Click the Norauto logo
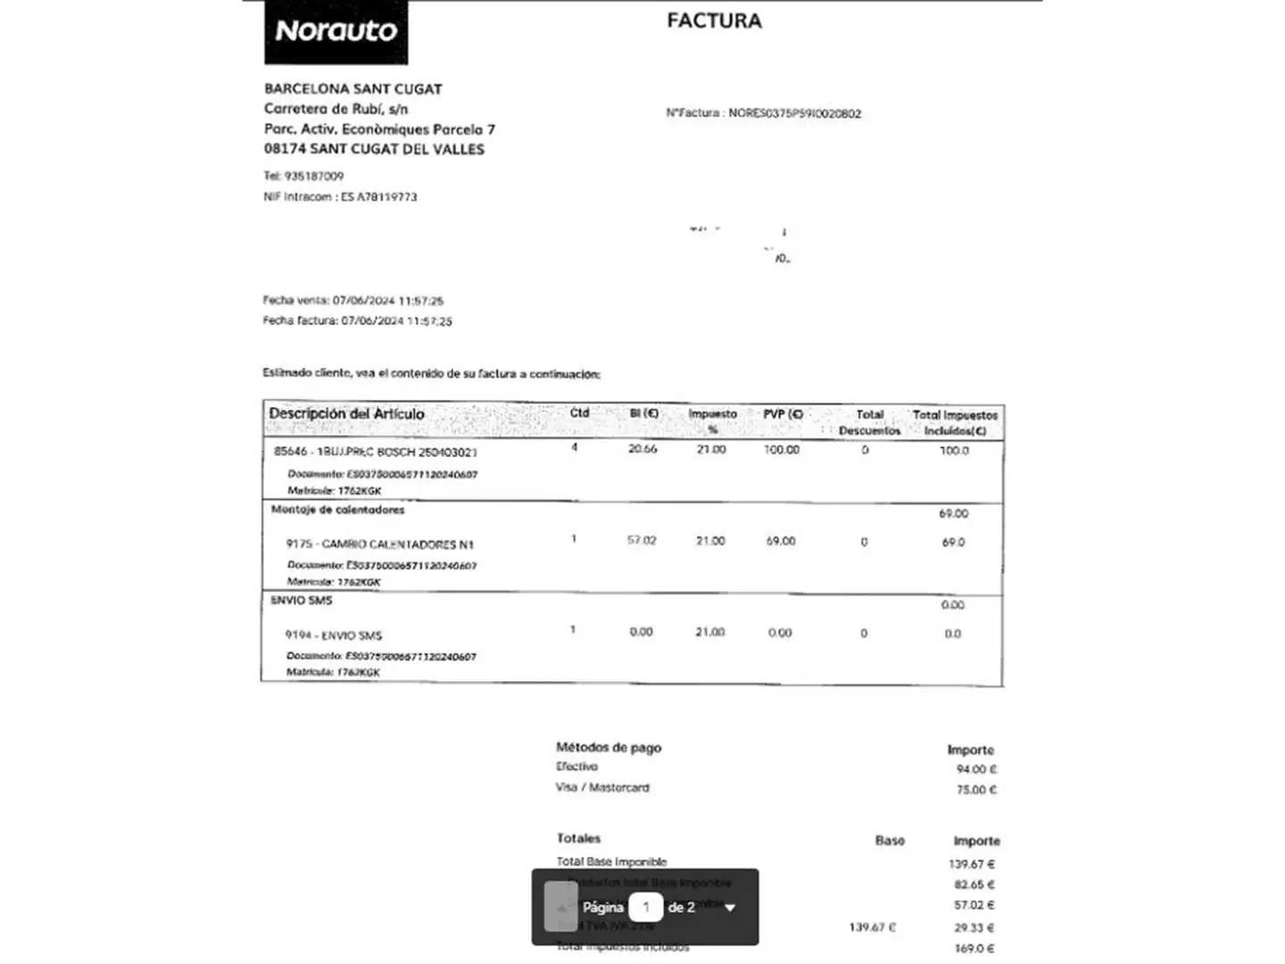coord(336,32)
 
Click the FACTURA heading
coord(714,21)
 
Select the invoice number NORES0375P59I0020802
coord(794,113)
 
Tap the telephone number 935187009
coord(313,176)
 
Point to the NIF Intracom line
coord(340,196)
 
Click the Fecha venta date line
coord(352,301)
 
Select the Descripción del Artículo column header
coord(346,414)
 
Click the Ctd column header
coord(579,413)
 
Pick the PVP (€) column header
coord(783,414)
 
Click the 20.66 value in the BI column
coord(642,449)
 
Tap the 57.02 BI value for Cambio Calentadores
coord(642,541)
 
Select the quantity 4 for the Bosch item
coord(574,447)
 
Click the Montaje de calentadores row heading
coord(337,510)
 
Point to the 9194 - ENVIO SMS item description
coord(334,635)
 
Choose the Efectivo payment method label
coord(576,767)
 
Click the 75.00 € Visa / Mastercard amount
coord(976,789)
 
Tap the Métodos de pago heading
coord(609,747)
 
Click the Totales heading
coord(578,838)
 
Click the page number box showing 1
coord(645,907)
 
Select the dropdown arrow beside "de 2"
coord(730,908)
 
